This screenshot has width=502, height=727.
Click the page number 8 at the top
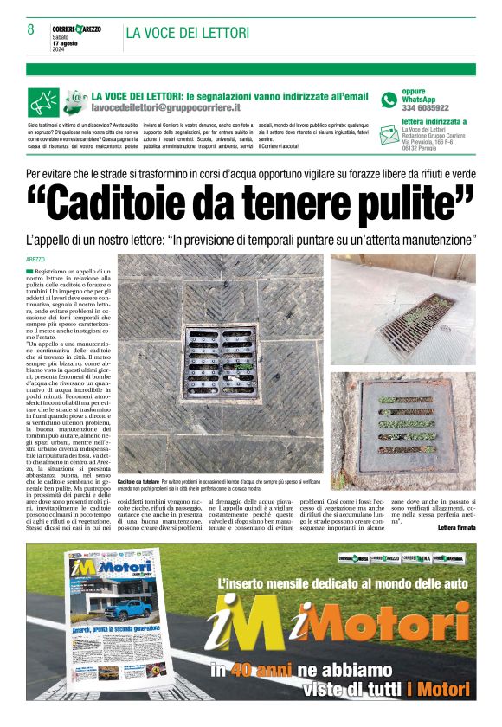tap(31, 29)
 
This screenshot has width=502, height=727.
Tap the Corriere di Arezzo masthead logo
tap(76, 29)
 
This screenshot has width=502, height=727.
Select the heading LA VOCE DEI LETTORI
tap(188, 34)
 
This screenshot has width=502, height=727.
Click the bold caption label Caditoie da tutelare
tap(138, 479)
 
